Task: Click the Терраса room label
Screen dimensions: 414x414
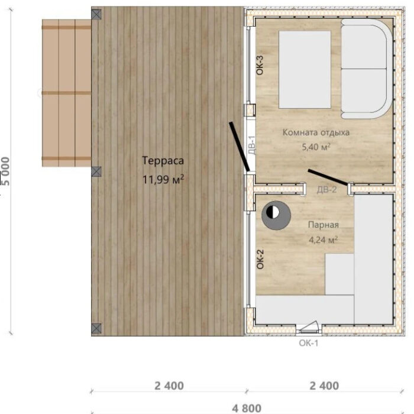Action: pyautogui.click(x=163, y=160)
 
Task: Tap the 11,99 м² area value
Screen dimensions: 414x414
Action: pyautogui.click(x=163, y=180)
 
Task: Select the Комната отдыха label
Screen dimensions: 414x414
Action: pyautogui.click(x=316, y=132)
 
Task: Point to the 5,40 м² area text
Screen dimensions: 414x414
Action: pyautogui.click(x=316, y=147)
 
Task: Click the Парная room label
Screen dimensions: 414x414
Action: pyautogui.click(x=323, y=225)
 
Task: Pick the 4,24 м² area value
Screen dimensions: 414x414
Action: pyautogui.click(x=323, y=240)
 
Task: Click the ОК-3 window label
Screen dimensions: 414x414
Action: pyautogui.click(x=260, y=65)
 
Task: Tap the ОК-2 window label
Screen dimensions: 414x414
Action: pyautogui.click(x=260, y=259)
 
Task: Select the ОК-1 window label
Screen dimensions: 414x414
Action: pyautogui.click(x=309, y=343)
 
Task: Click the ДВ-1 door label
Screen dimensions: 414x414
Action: pyautogui.click(x=252, y=145)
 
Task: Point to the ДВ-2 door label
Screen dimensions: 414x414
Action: pyautogui.click(x=326, y=190)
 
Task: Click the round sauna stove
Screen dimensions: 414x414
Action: pyautogui.click(x=276, y=215)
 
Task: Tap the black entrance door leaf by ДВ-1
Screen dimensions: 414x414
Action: pyautogui.click(x=239, y=147)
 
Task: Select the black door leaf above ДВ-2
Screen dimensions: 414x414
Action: pyautogui.click(x=328, y=177)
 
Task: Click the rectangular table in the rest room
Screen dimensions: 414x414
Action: pyautogui.click(x=305, y=70)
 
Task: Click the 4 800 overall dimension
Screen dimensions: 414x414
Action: pyautogui.click(x=247, y=409)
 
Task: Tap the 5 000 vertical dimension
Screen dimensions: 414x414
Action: pyautogui.click(x=5, y=171)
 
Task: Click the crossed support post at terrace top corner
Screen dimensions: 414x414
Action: pyautogui.click(x=96, y=14)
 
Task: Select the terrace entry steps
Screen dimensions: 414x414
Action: pyautogui.click(x=66, y=93)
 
